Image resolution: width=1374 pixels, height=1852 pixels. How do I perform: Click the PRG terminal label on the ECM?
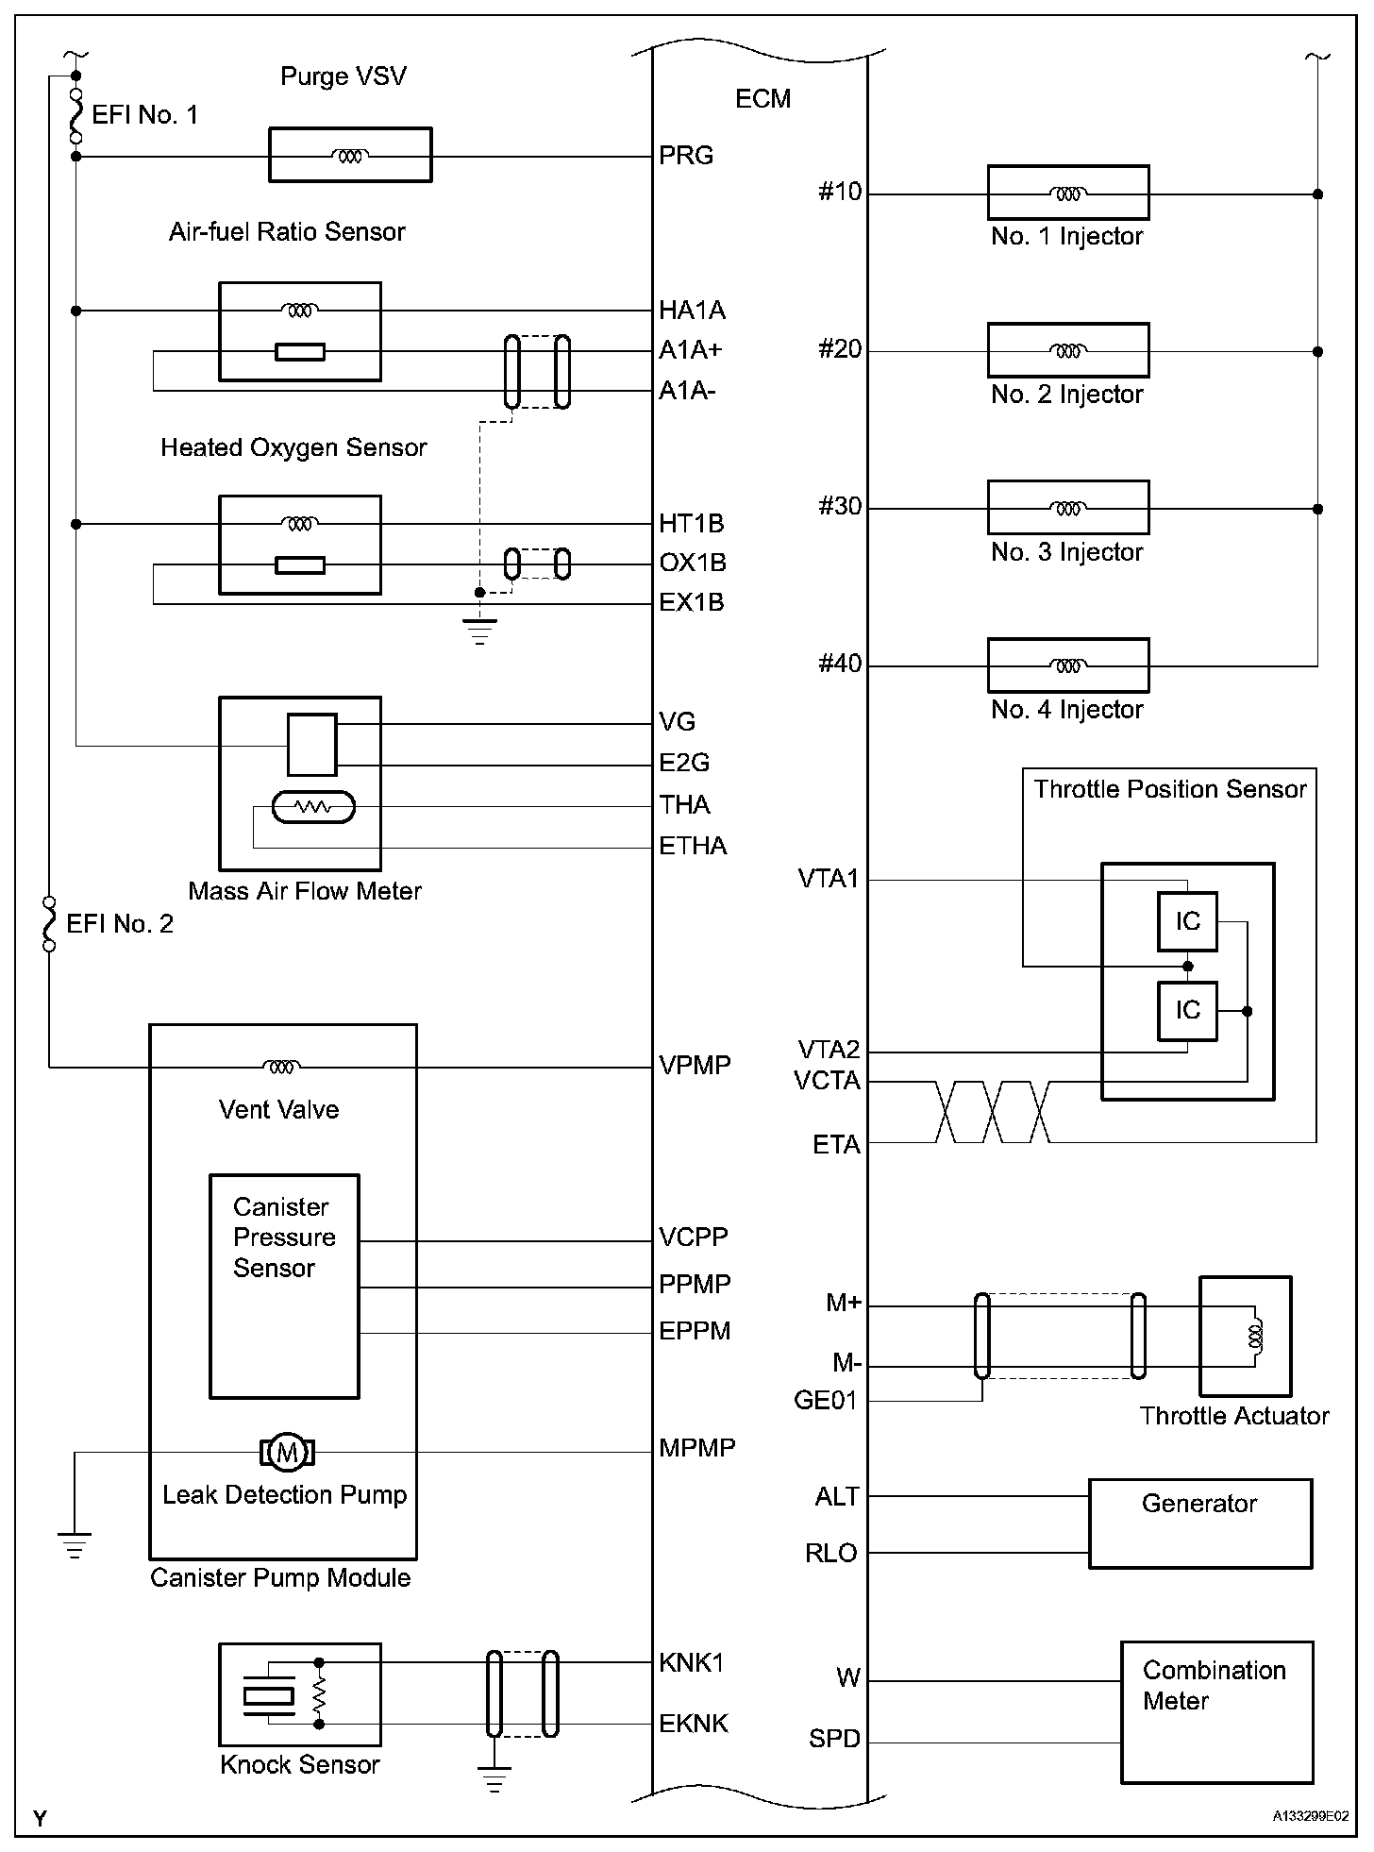[686, 156]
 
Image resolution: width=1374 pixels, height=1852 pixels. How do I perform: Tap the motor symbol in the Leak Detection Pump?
[287, 1452]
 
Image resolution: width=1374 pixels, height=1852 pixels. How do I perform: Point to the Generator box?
[1199, 1524]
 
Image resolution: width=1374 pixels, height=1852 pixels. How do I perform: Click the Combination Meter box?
[1216, 1711]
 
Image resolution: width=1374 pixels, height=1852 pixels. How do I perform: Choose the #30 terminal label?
[840, 507]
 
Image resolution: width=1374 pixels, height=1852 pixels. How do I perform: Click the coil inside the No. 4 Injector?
[1067, 665]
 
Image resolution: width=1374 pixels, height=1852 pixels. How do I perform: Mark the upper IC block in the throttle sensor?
[1187, 921]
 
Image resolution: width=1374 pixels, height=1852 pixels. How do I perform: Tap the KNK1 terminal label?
[692, 1663]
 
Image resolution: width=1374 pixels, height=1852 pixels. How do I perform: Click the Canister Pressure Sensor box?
[284, 1286]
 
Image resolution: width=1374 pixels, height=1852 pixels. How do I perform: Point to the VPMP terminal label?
[695, 1066]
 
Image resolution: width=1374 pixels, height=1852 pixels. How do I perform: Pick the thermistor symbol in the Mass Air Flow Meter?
[312, 807]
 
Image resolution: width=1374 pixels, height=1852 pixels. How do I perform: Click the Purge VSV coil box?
[350, 155]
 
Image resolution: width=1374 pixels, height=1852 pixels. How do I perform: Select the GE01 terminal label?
[826, 1401]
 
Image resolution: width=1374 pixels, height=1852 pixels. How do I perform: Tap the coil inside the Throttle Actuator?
[1254, 1335]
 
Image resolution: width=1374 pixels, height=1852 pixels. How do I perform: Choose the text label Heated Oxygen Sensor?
[293, 447]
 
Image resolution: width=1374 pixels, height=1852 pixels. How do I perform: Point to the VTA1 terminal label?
[829, 879]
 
